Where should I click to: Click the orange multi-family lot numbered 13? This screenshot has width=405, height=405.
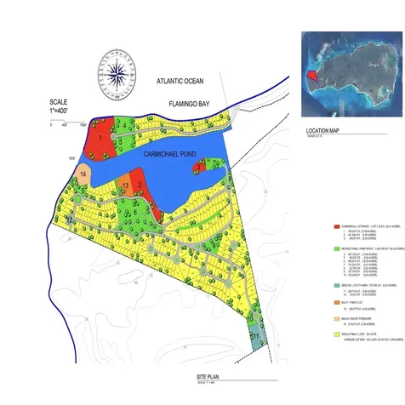tap(124, 185)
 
